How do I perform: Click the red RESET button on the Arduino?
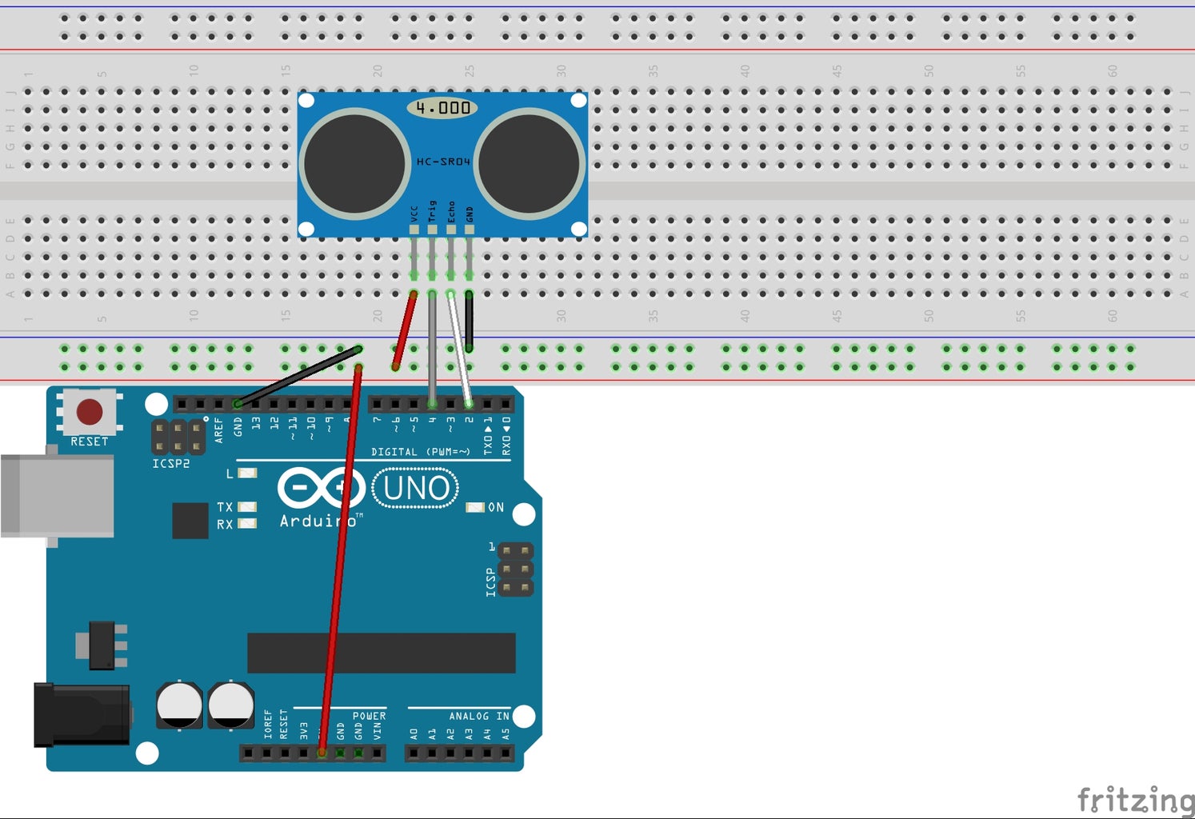pyautogui.click(x=89, y=412)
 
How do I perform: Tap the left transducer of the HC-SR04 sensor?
pyautogui.click(x=354, y=163)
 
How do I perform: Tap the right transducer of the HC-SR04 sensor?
pyautogui.click(x=529, y=163)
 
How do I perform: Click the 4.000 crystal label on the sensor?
pyautogui.click(x=442, y=107)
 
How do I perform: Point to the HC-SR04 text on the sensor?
pyautogui.click(x=442, y=162)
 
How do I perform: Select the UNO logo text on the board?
pyautogui.click(x=416, y=488)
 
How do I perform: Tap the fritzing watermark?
pyautogui.click(x=1134, y=799)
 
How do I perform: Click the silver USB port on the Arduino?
pyautogui.click(x=58, y=496)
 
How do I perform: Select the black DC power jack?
pyautogui.click(x=81, y=714)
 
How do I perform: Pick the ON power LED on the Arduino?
pyautogui.click(x=475, y=507)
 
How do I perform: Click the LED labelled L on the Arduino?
pyautogui.click(x=247, y=473)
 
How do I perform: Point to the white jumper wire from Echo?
pyautogui.click(x=459, y=348)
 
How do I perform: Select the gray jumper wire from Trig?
pyautogui.click(x=432, y=348)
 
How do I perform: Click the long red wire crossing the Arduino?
pyautogui.click(x=341, y=560)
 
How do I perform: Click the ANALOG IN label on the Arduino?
pyautogui.click(x=478, y=716)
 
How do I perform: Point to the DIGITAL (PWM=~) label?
pyautogui.click(x=420, y=452)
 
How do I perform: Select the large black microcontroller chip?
pyautogui.click(x=381, y=653)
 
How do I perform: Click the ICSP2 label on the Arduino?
pyautogui.click(x=170, y=464)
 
